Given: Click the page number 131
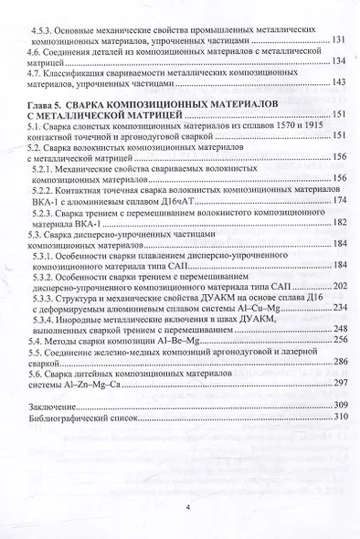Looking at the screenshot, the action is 338,41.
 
